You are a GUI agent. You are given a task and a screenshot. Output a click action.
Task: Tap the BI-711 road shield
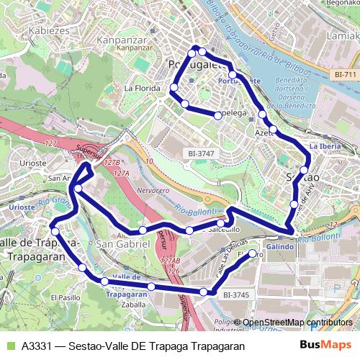click(346, 73)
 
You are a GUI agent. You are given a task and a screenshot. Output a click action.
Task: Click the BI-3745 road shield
click(235, 294)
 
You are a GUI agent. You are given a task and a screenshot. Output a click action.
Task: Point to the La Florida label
click(140, 89)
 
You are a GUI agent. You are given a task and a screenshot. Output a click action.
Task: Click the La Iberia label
click(324, 146)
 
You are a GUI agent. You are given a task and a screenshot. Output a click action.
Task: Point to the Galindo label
click(279, 246)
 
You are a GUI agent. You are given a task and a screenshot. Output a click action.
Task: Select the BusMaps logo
click(321, 345)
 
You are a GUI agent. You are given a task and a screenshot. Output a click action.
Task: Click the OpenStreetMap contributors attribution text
click(297, 323)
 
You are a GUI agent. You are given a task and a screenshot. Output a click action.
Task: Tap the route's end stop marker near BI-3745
click(252, 254)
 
